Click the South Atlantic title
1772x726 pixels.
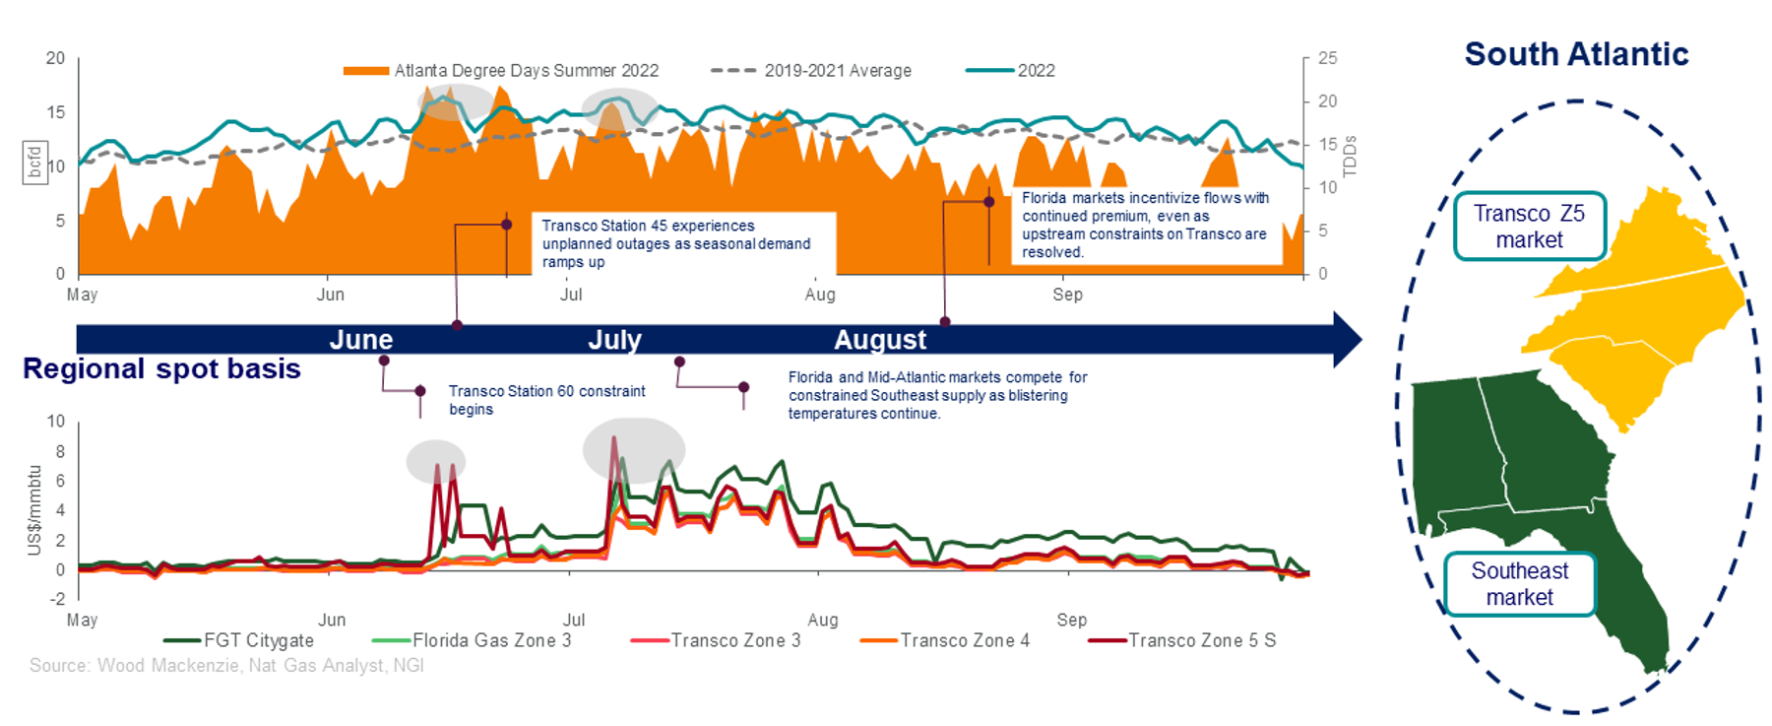tap(1575, 54)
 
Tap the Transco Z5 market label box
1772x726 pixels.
tap(1529, 227)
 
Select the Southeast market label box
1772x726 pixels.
tap(1519, 584)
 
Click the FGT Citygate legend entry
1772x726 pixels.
tap(239, 640)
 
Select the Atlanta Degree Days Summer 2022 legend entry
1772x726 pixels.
tap(501, 71)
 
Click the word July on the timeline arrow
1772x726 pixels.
tap(614, 340)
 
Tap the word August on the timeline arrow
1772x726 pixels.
tap(880, 340)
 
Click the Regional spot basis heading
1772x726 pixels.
tap(161, 368)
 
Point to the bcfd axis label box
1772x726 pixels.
tap(35, 163)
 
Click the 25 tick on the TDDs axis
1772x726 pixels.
tap(1327, 58)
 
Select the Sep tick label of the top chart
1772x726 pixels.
tap(1067, 295)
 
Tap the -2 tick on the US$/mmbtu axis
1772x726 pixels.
tap(58, 599)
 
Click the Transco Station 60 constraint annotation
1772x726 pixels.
tap(546, 400)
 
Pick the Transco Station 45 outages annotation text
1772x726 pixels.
tap(676, 243)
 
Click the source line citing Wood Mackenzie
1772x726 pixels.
tap(226, 666)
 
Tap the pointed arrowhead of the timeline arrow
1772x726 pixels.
tap(1349, 340)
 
